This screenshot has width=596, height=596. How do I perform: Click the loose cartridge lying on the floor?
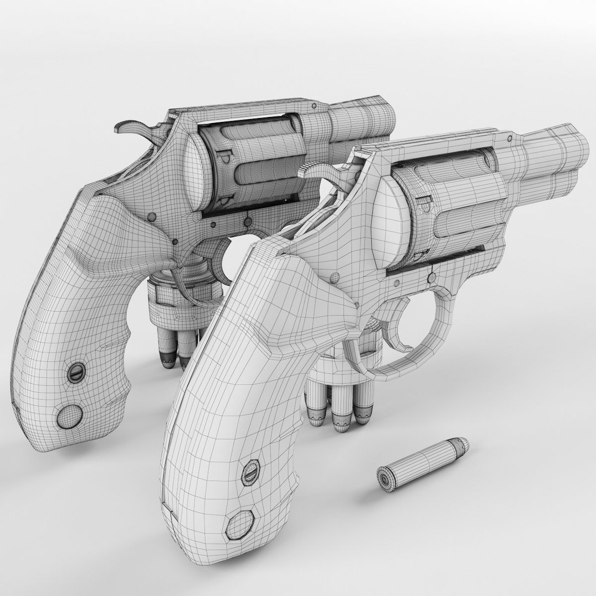[422, 461]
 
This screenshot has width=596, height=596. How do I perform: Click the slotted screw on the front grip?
[250, 470]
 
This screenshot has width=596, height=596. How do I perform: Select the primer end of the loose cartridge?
[384, 478]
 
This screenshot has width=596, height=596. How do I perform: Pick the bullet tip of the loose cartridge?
[461, 444]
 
